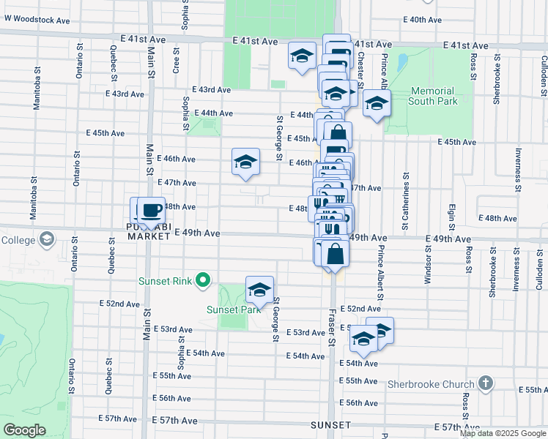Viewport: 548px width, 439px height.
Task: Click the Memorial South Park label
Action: tap(434, 96)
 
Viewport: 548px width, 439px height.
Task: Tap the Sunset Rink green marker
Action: tap(204, 279)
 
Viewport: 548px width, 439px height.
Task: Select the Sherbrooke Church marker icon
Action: tap(485, 383)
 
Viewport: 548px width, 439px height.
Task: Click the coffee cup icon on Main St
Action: tap(151, 211)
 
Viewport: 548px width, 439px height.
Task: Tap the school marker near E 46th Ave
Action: tap(245, 162)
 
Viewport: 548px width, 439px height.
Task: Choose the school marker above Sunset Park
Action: tap(259, 290)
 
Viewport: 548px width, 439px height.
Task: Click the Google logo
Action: tap(24, 430)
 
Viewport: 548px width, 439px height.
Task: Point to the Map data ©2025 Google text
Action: tap(502, 433)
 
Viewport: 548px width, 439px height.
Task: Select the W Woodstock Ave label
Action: tap(34, 20)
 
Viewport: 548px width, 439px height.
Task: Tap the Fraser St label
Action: tap(331, 327)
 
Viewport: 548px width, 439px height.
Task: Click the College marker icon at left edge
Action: tap(47, 239)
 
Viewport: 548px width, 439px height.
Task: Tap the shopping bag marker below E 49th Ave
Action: tap(335, 255)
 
